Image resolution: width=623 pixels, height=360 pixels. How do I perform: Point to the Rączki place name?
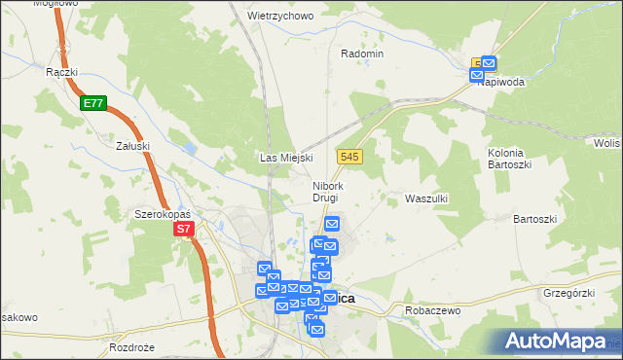(x=61, y=71)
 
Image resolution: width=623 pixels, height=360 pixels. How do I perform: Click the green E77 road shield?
(x=93, y=102)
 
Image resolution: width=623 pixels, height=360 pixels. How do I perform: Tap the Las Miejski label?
(x=284, y=158)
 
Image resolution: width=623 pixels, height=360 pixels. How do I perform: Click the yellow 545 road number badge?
(x=350, y=156)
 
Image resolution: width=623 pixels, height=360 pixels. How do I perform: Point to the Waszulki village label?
(x=425, y=198)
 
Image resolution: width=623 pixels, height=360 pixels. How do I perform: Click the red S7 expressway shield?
(x=185, y=230)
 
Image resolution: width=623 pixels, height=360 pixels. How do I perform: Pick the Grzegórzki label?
(x=569, y=291)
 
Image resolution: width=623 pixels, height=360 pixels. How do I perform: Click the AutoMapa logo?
(x=556, y=342)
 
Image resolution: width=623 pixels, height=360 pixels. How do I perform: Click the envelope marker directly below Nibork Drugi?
(x=331, y=225)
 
